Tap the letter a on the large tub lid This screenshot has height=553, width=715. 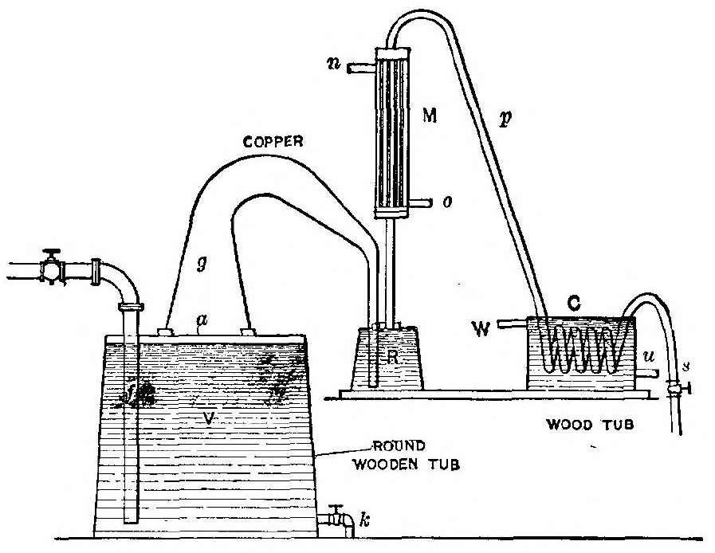pyautogui.click(x=200, y=321)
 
